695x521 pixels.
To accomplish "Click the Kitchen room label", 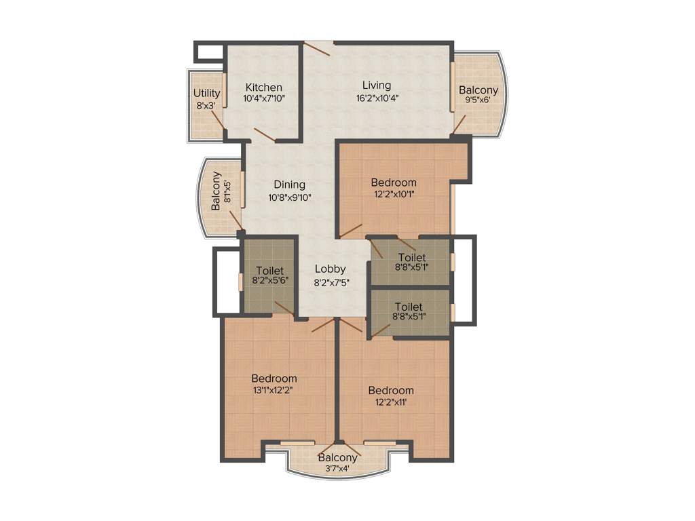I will tap(263, 88).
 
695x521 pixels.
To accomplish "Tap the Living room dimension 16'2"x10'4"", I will tap(376, 97).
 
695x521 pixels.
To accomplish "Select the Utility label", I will tap(206, 94).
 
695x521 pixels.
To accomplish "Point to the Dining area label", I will tap(289, 185).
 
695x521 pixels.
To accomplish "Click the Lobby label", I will tap(331, 268).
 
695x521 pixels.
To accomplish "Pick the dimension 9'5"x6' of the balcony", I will tap(478, 100).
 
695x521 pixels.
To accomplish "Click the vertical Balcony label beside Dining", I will tap(216, 191).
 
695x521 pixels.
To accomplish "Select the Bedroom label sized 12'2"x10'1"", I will tap(394, 182).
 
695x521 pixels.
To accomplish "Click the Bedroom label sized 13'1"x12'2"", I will tap(274, 378).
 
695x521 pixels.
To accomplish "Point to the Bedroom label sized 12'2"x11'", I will tap(391, 390).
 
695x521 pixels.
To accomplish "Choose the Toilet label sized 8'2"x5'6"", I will tap(269, 271).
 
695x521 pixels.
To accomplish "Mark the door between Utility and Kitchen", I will tap(215, 119).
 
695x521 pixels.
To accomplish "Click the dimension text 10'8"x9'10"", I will tap(290, 198).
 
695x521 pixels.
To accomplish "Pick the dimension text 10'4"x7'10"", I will tap(263, 98).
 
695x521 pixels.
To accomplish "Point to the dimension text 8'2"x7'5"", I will tap(331, 282).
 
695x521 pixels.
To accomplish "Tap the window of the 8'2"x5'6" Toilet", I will tap(240, 282).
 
